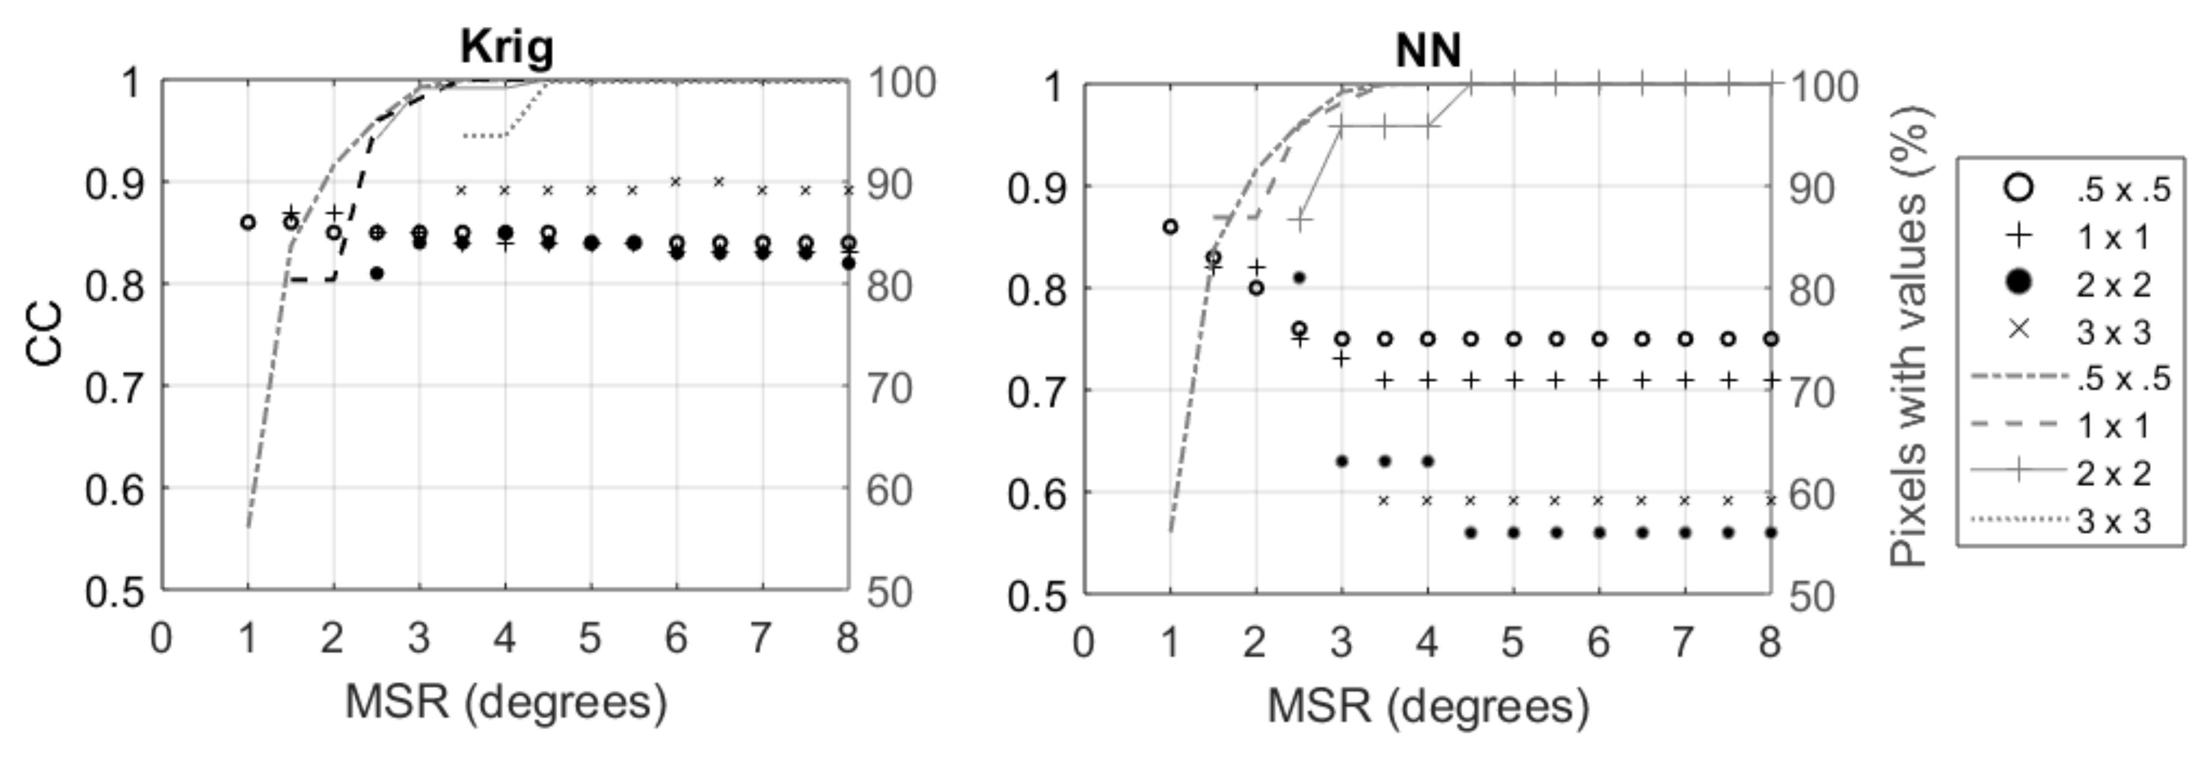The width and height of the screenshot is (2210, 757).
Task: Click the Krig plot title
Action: (x=506, y=47)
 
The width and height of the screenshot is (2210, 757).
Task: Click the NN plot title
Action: (x=1428, y=50)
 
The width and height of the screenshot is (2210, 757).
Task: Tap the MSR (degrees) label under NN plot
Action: (x=1428, y=705)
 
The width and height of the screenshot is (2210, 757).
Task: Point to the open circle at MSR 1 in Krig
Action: (x=248, y=222)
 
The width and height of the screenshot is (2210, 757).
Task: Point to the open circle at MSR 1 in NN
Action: (x=1170, y=226)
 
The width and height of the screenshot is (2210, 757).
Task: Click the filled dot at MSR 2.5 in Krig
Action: (x=376, y=273)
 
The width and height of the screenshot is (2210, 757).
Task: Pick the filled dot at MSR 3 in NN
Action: (x=1342, y=461)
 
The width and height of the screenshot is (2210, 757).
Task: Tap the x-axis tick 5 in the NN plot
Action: (x=1513, y=642)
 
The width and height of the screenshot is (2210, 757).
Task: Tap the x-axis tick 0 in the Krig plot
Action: (x=161, y=639)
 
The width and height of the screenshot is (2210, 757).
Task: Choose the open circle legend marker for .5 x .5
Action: (x=2020, y=188)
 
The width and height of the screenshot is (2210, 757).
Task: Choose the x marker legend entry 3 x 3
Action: (x=2020, y=330)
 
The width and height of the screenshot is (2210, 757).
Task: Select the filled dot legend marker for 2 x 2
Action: (x=2020, y=282)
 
